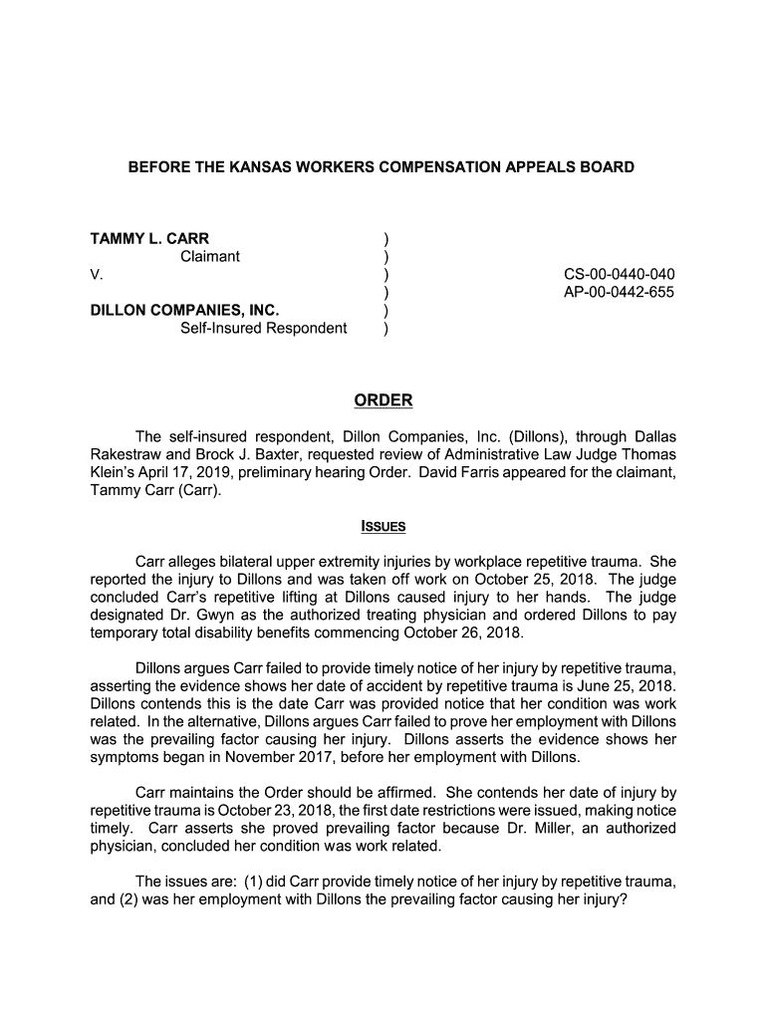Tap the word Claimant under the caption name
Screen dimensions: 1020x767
(209, 257)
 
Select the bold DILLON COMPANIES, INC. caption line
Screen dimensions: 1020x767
(185, 311)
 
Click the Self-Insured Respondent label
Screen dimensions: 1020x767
(264, 329)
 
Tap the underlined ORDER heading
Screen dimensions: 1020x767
(383, 400)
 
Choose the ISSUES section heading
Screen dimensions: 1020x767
(383, 526)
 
